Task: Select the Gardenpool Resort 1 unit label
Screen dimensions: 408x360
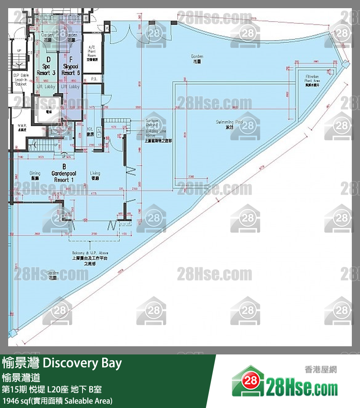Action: [64, 173]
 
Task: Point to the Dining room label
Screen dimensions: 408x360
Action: [35, 175]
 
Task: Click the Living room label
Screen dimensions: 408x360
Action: [95, 175]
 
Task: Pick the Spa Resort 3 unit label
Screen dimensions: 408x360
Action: [43, 69]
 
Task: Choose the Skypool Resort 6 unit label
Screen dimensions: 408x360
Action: [70, 69]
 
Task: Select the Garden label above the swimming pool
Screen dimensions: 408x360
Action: [197, 58]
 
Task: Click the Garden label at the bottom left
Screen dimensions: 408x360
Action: [53, 274]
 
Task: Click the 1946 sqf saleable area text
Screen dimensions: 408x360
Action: [57, 401]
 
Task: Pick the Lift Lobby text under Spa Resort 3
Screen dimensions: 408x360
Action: [43, 87]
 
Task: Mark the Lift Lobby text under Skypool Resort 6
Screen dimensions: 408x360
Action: [70, 87]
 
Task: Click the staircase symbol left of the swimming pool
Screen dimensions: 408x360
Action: [116, 122]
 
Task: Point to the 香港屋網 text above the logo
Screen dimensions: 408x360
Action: [320, 370]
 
